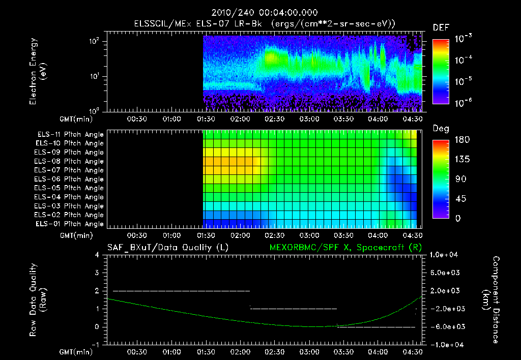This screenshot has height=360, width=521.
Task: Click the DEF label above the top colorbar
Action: [441, 27]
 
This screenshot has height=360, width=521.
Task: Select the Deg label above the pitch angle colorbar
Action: [441, 129]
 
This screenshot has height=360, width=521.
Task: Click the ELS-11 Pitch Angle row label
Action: [69, 134]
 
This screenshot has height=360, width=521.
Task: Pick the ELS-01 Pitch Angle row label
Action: [69, 224]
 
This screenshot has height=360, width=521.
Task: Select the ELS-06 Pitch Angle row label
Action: [69, 179]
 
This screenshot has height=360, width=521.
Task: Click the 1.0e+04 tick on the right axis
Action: [445, 255]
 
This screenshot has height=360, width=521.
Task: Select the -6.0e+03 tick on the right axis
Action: [445, 326]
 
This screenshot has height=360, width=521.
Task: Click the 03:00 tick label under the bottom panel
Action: [309, 352]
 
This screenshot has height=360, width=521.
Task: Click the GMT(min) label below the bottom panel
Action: [74, 352]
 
